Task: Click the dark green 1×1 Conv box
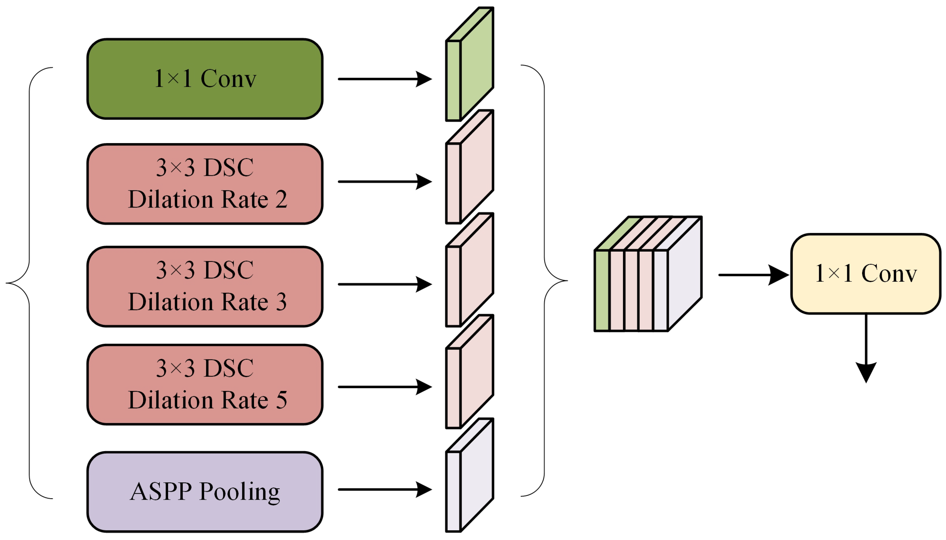pyautogui.click(x=205, y=79)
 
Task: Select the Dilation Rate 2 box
pyautogui.click(x=205, y=184)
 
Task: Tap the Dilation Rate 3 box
pyautogui.click(x=205, y=286)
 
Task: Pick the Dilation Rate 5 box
pyautogui.click(x=205, y=385)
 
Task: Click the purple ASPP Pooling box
pyautogui.click(x=205, y=492)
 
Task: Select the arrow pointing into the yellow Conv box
pyautogui.click(x=753, y=275)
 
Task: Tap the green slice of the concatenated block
pyautogui.click(x=601, y=290)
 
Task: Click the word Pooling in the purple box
pyautogui.click(x=240, y=493)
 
